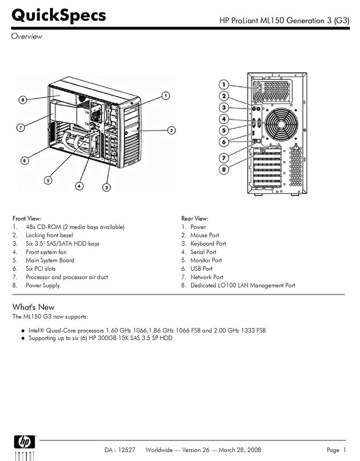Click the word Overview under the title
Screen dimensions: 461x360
tap(26, 37)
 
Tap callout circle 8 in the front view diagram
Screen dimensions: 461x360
tap(23, 100)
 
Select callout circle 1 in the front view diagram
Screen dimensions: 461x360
tap(165, 95)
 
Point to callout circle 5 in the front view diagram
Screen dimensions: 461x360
tap(48, 180)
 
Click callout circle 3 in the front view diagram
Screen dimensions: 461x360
tap(106, 188)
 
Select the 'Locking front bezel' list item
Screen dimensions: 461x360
tap(49, 235)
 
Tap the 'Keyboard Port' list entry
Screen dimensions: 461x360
tap(208, 243)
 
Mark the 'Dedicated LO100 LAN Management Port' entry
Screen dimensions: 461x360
tap(242, 285)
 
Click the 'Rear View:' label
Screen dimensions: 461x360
tap(195, 218)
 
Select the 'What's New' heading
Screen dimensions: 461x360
tap(33, 307)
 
